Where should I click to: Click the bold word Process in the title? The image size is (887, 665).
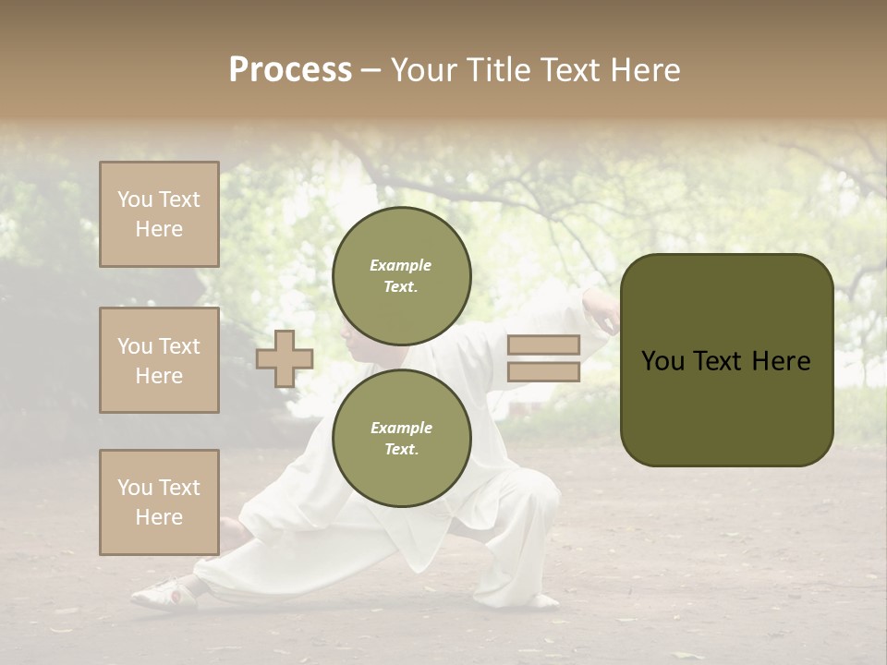tap(290, 70)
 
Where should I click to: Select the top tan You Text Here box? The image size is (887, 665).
tap(159, 214)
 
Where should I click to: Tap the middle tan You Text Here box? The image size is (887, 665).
tap(159, 360)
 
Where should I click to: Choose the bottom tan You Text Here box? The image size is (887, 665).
tap(159, 502)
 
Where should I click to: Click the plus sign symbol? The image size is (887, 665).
tap(285, 358)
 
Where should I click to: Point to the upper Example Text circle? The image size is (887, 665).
tap(401, 275)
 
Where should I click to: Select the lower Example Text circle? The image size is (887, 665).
tap(401, 438)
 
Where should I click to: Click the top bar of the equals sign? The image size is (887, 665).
tap(543, 345)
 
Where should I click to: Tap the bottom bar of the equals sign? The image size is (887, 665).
tap(543, 371)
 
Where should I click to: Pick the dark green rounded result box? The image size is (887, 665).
tap(726, 360)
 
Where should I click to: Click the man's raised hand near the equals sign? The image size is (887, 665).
tap(602, 314)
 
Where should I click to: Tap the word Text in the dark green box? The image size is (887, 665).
tap(724, 361)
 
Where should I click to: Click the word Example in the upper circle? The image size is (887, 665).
tap(401, 265)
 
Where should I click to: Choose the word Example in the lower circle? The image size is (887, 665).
tap(401, 428)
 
